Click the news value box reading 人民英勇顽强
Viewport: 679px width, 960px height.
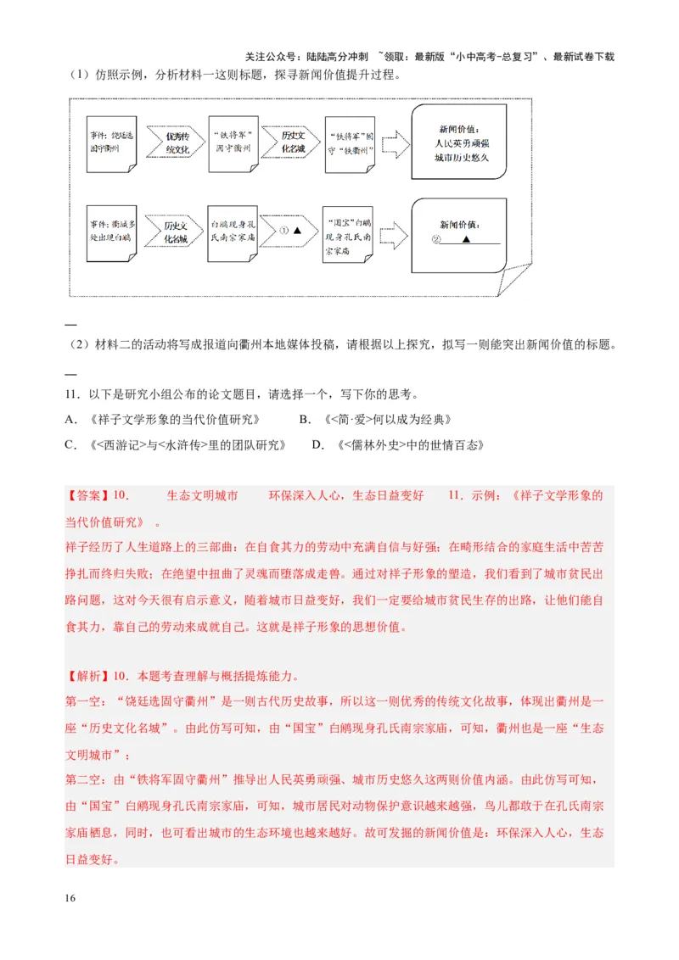pyautogui.click(x=459, y=142)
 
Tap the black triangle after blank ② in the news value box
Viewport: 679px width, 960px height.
pyautogui.click(x=466, y=240)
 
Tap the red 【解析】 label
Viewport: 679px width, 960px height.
pyautogui.click(x=88, y=677)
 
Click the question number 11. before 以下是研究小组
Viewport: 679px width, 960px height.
pyautogui.click(x=71, y=394)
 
